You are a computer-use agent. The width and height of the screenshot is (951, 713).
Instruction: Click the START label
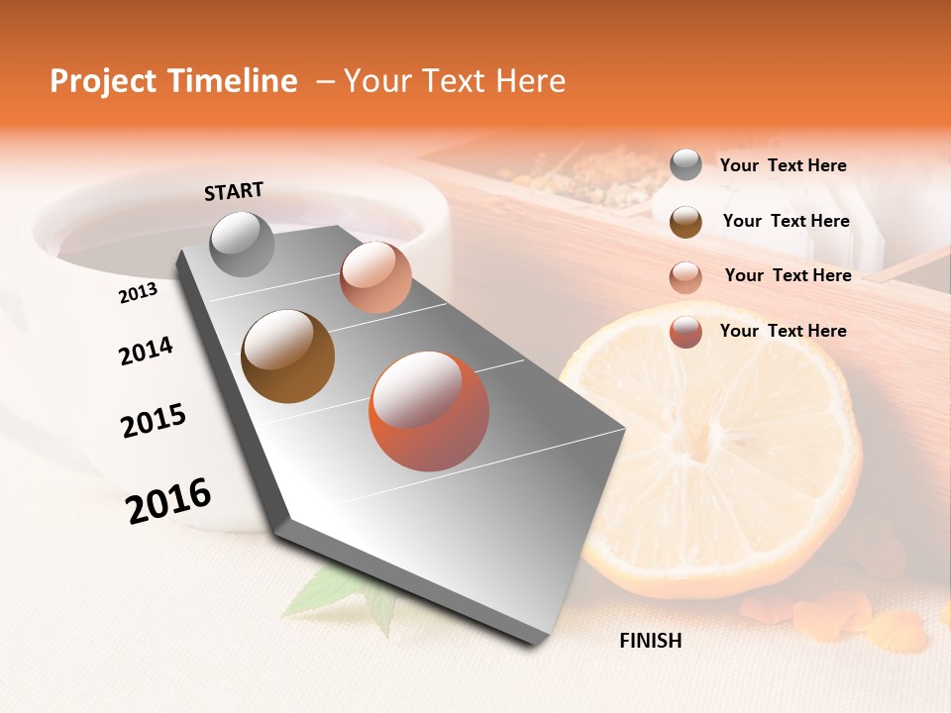click(234, 191)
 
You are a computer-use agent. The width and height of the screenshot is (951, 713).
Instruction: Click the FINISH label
click(650, 641)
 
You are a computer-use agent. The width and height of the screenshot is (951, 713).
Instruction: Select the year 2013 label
click(138, 292)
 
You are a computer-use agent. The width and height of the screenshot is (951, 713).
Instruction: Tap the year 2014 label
click(146, 351)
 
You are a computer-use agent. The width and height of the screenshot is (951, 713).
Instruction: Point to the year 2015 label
click(154, 421)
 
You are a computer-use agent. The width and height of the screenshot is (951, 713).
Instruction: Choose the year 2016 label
click(168, 500)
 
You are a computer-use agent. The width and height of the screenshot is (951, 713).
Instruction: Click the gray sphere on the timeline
click(243, 244)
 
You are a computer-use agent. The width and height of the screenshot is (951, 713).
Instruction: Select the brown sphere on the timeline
click(288, 356)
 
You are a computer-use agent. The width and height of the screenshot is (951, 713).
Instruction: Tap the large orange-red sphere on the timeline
click(429, 411)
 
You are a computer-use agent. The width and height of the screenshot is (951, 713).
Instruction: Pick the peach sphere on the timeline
click(375, 277)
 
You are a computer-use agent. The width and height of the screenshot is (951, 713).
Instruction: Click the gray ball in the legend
click(686, 165)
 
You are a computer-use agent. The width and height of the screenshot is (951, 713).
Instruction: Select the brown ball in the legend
click(686, 221)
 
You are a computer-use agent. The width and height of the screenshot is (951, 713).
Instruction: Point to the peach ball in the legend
click(686, 276)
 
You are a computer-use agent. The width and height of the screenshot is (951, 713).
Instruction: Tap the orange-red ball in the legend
click(686, 332)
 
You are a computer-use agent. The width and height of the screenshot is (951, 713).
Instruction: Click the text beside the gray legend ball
click(783, 165)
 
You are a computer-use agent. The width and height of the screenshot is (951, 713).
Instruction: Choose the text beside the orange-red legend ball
click(783, 331)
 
